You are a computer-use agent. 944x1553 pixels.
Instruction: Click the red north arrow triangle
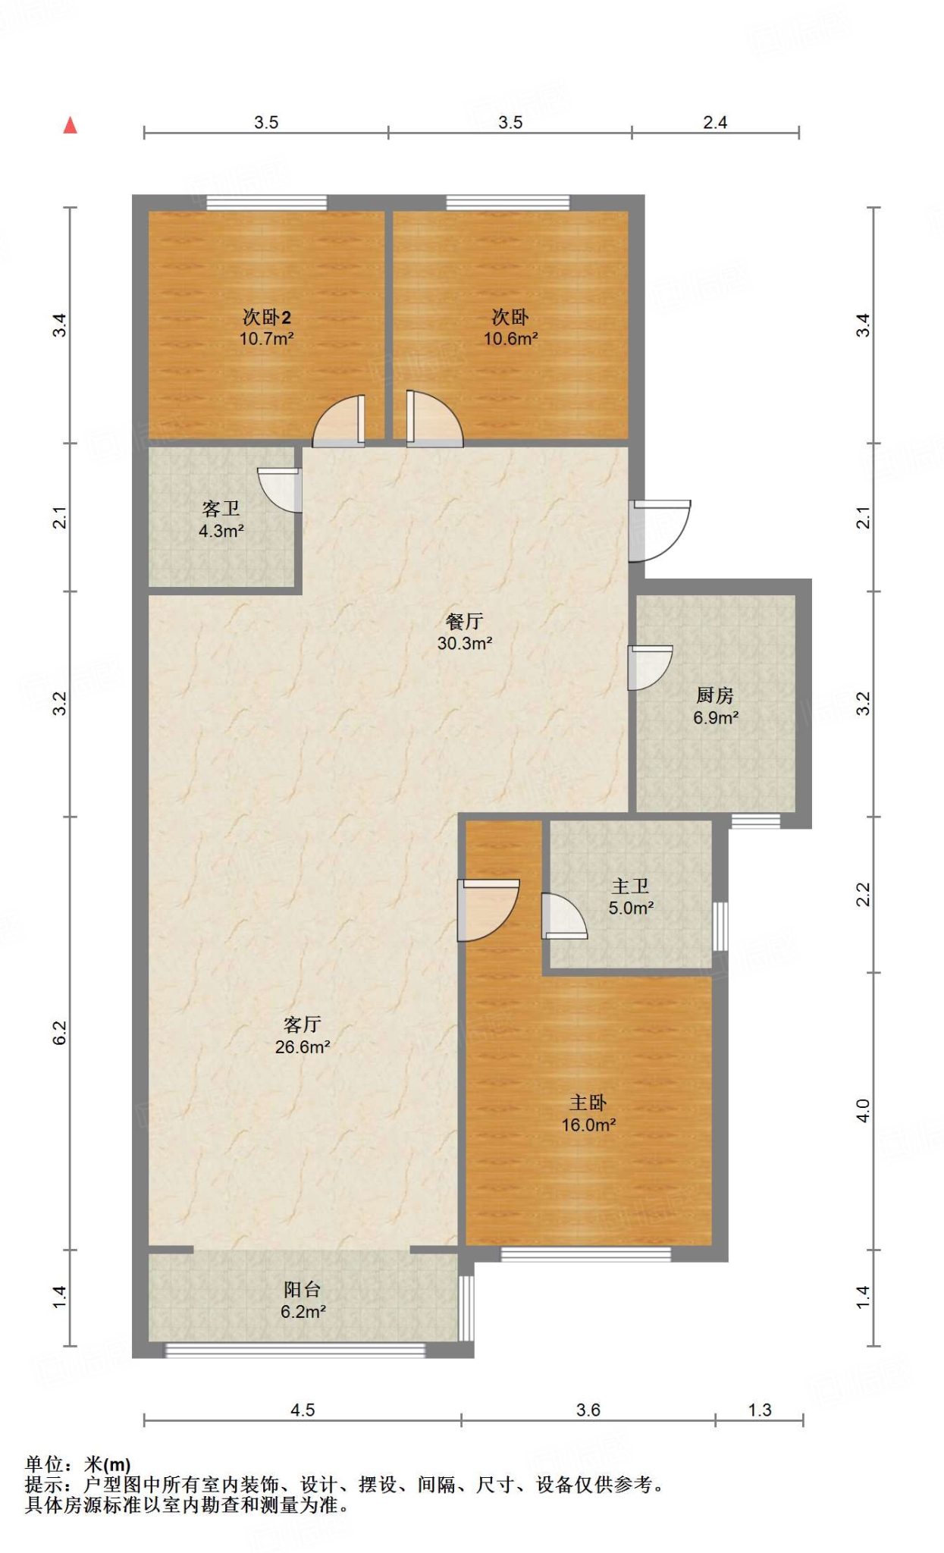(71, 125)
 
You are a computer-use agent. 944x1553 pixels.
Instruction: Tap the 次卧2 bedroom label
(266, 317)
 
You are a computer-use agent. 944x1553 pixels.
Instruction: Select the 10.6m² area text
(511, 339)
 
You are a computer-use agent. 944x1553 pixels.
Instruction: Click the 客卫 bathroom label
(221, 509)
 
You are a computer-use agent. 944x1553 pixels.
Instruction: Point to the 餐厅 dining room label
(465, 622)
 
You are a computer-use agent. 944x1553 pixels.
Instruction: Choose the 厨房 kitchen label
(715, 695)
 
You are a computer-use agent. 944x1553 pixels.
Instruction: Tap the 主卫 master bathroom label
(631, 886)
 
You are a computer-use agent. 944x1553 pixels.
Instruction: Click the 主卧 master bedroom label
(588, 1103)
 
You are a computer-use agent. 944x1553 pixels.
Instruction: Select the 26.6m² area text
(303, 1047)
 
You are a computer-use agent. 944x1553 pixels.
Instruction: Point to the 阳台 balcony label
(303, 1289)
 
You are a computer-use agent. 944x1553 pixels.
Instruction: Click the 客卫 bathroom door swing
(280, 490)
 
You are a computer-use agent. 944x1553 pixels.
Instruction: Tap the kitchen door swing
(651, 667)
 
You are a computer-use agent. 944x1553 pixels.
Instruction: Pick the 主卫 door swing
(564, 916)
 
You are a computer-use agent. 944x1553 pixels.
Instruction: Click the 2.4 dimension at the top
(715, 123)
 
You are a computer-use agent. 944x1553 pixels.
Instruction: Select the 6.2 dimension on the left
(60, 1033)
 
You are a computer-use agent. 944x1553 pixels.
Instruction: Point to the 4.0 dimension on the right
(863, 1111)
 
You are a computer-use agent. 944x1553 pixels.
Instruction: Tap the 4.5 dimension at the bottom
(303, 1410)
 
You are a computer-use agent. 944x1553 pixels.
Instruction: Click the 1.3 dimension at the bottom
(760, 1410)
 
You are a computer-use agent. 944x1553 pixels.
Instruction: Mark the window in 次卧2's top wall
(267, 202)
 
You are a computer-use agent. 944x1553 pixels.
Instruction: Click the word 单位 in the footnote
(44, 1464)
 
